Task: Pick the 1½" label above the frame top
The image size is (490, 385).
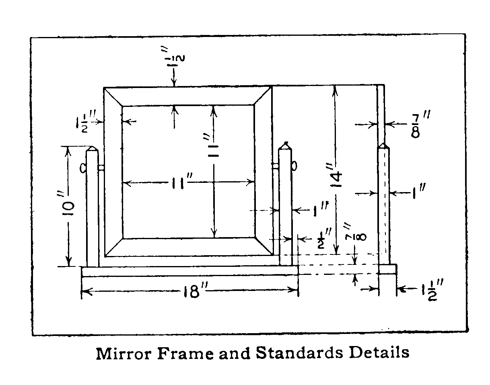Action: click(x=175, y=57)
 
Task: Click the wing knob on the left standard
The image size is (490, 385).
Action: click(x=83, y=168)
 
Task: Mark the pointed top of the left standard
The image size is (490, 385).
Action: click(x=93, y=147)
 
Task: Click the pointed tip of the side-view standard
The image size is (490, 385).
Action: click(x=383, y=143)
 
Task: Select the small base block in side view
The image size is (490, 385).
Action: click(x=387, y=269)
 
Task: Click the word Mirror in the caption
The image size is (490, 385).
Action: click(x=124, y=354)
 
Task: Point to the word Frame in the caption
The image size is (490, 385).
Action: click(x=185, y=354)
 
